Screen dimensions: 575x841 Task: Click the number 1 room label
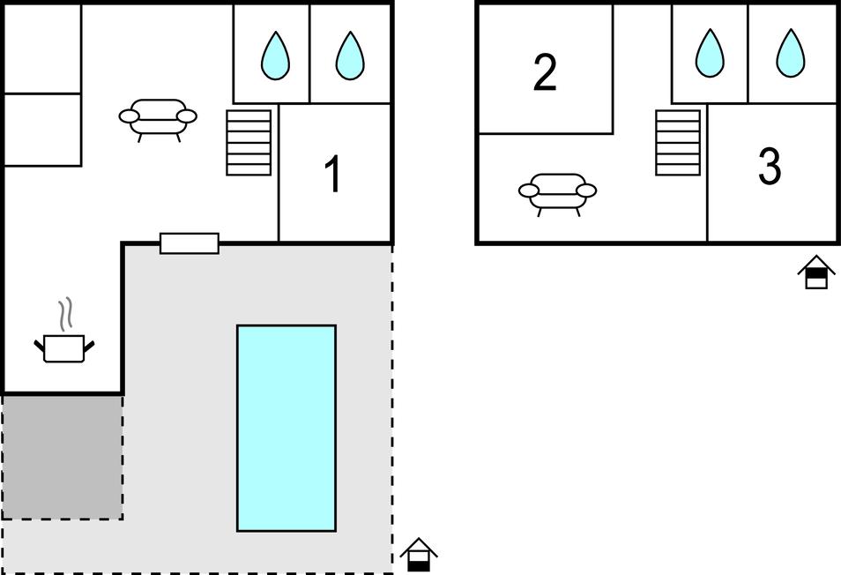[333, 175]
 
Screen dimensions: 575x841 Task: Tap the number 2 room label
[545, 73]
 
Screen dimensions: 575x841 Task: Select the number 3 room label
[770, 167]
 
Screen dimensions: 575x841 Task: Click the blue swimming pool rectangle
[286, 428]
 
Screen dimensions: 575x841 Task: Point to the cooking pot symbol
[64, 347]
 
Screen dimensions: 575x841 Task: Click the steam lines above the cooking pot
[64, 314]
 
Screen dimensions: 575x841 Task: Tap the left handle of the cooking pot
[39, 344]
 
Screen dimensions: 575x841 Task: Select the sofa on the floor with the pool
[158, 117]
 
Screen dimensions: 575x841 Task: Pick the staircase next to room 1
[249, 142]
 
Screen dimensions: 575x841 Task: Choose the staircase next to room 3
[678, 142]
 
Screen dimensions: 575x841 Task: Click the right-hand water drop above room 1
[350, 55]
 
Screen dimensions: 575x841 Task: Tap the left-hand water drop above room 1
[275, 55]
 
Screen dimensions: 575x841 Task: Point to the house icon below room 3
[816, 273]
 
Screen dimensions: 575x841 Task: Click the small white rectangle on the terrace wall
[189, 243]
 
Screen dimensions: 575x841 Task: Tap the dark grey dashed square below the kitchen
[63, 456]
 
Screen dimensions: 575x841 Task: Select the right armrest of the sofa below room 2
[586, 190]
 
